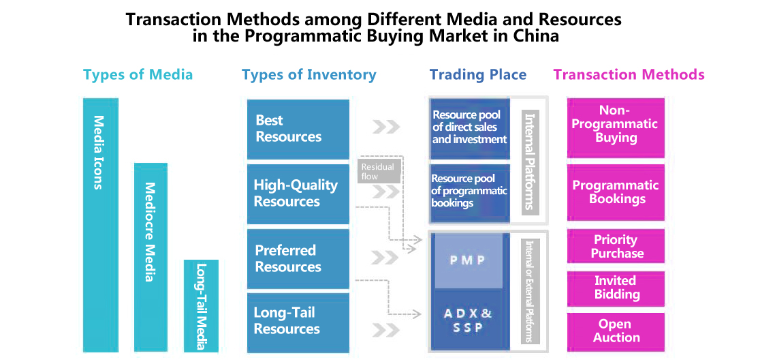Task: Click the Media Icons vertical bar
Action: tap(101, 225)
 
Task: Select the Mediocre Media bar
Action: tap(151, 257)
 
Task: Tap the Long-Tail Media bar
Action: tap(201, 306)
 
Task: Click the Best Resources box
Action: tap(298, 129)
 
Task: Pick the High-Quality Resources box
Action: tap(298, 194)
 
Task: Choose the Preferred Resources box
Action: tap(298, 258)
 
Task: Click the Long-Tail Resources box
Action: tap(298, 322)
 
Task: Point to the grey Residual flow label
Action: tap(379, 171)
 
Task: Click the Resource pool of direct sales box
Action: tap(470, 129)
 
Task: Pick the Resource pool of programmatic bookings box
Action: tap(470, 193)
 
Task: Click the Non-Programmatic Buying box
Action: tap(616, 127)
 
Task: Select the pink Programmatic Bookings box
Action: tap(616, 193)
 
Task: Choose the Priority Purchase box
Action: tap(616, 247)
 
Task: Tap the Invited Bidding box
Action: tap(616, 288)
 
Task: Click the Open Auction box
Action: tap(616, 331)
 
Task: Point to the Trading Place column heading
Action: tap(478, 75)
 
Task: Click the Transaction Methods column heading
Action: tap(629, 75)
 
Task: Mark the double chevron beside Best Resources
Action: tap(386, 127)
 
